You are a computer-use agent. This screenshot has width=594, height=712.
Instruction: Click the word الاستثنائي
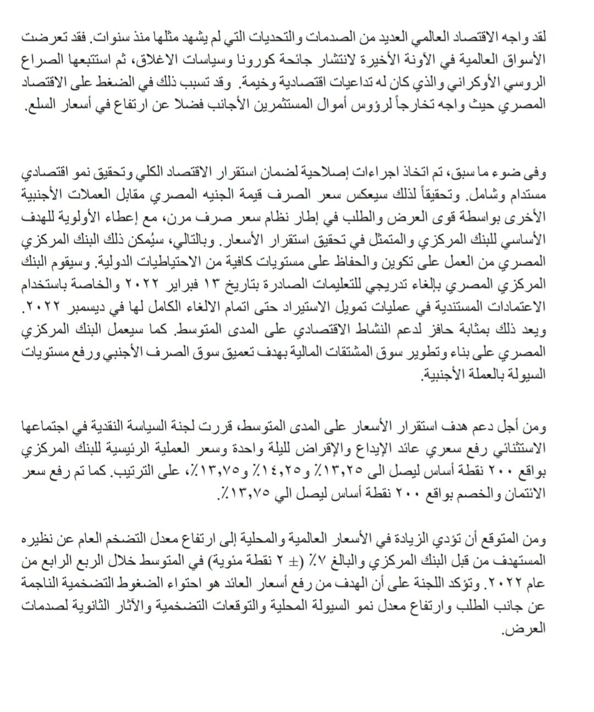pyautogui.click(x=509, y=449)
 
